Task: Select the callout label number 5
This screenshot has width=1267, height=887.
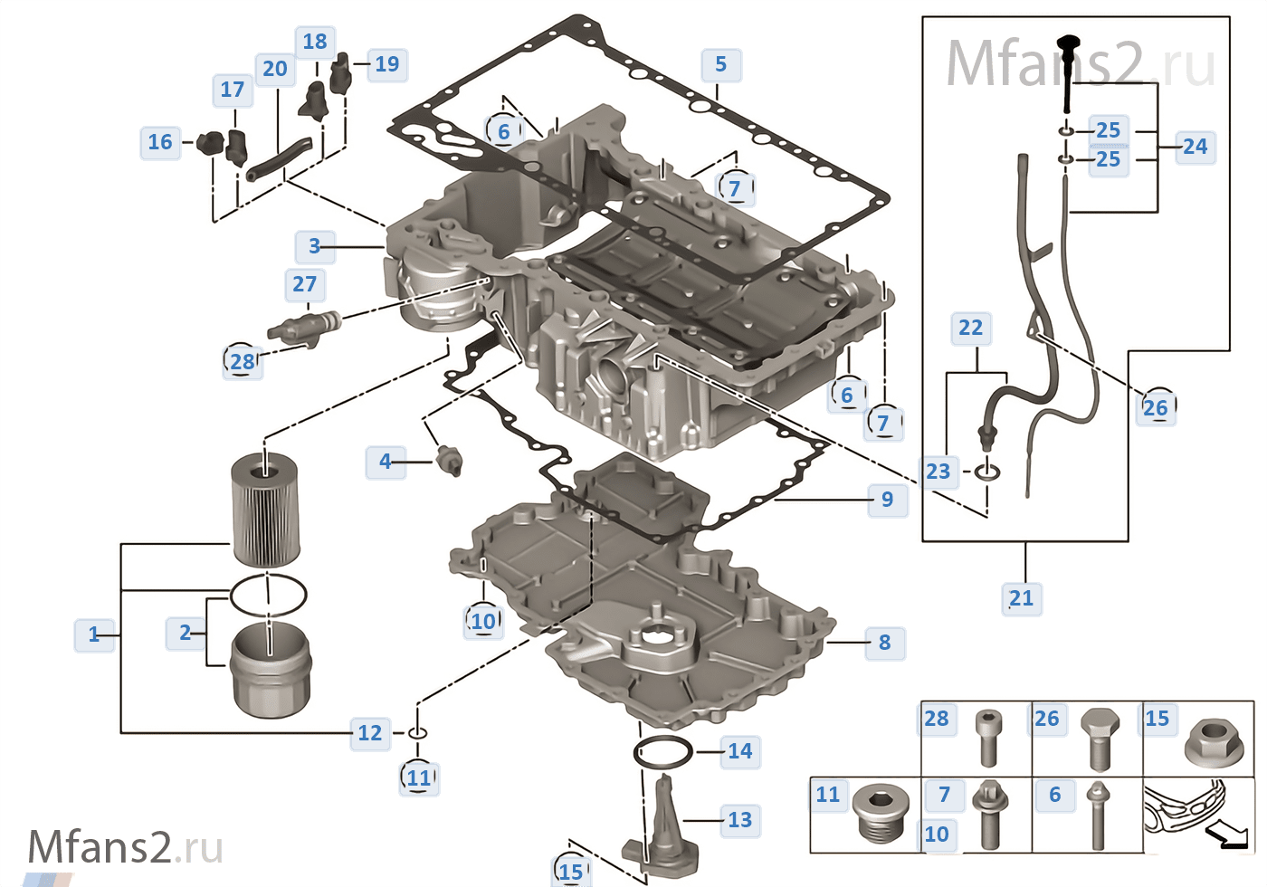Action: [720, 64]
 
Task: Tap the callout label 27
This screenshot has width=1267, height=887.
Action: [305, 284]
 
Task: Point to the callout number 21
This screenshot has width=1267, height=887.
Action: [1021, 598]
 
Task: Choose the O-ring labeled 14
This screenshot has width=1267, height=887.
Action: [663, 752]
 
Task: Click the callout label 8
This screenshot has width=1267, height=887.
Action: [884, 643]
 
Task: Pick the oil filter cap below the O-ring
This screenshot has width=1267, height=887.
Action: [271, 670]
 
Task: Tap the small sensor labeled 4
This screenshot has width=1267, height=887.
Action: [449, 461]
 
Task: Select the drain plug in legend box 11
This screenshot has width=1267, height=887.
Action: [881, 812]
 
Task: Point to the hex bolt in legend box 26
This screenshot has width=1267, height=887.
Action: [1100, 738]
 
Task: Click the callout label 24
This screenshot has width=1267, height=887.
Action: [1195, 147]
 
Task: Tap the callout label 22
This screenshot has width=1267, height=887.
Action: [970, 328]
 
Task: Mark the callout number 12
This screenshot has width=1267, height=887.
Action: [370, 733]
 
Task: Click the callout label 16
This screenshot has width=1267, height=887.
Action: [160, 142]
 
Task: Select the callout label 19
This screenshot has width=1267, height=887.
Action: [386, 64]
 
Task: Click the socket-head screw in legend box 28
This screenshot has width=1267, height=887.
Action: [988, 737]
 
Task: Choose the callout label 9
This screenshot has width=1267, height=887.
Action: [887, 500]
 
